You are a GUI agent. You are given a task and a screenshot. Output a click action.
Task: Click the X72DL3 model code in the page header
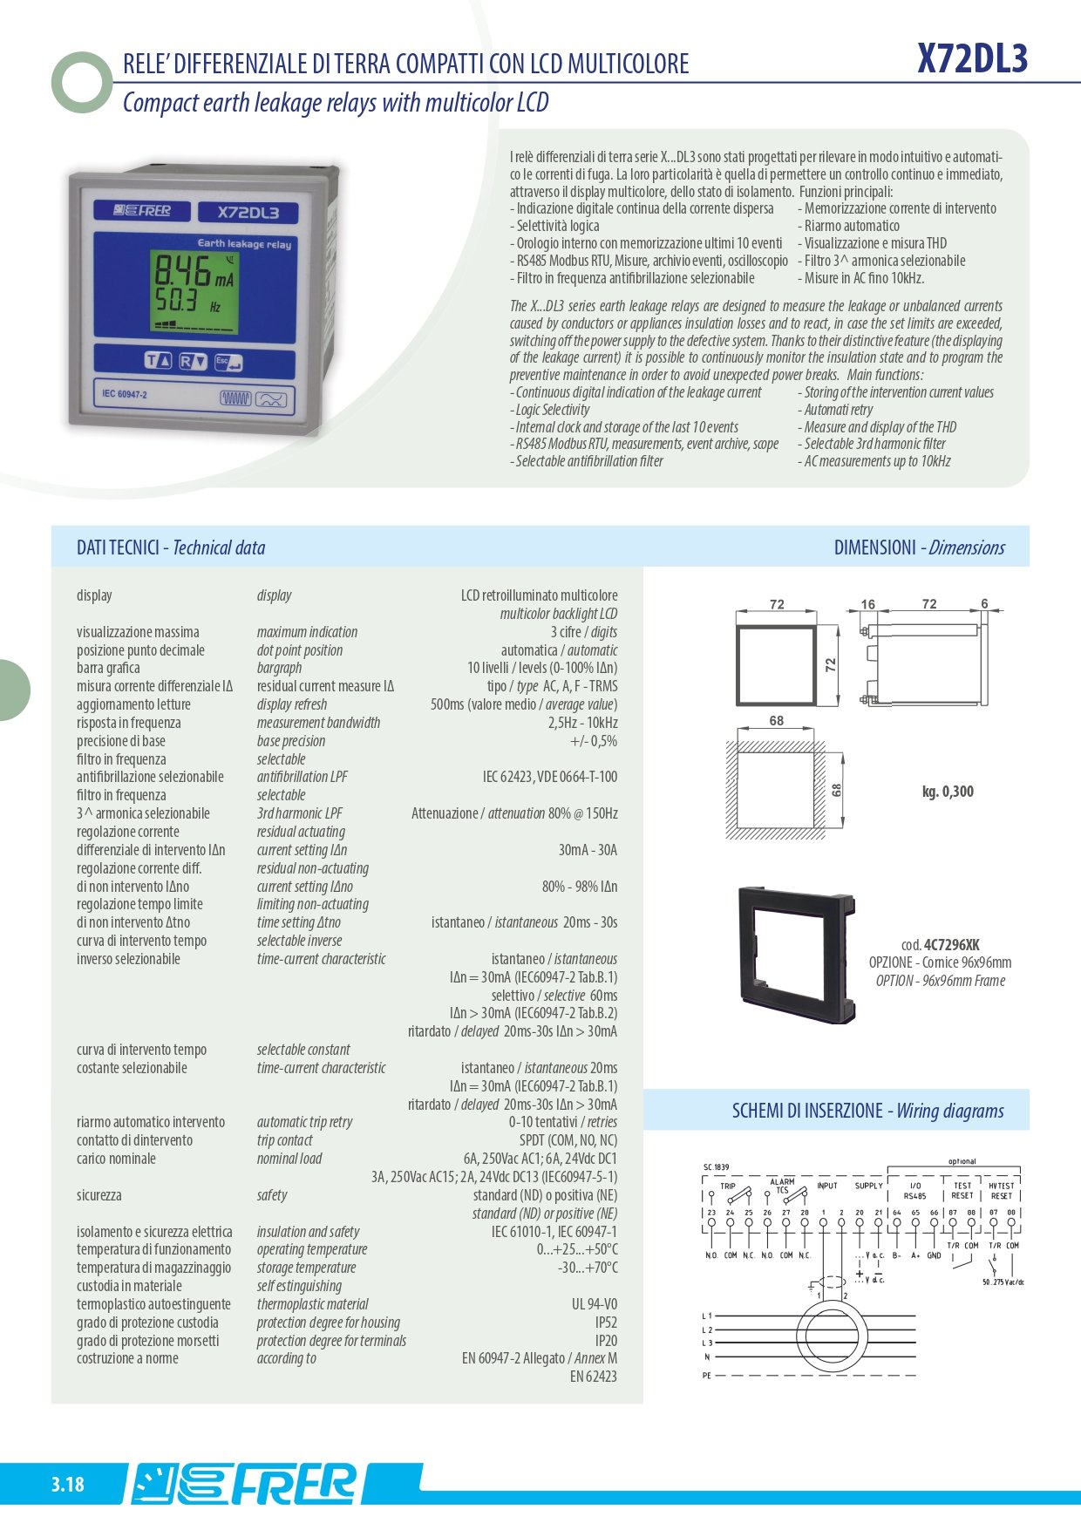(972, 59)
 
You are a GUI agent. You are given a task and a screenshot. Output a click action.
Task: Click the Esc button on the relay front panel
(228, 362)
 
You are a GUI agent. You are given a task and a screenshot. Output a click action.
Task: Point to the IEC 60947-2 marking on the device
(125, 394)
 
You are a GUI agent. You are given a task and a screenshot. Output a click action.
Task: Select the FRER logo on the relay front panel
(142, 210)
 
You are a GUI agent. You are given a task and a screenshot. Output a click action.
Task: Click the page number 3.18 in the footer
(67, 1484)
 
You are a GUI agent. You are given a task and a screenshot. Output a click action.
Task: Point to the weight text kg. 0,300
(948, 792)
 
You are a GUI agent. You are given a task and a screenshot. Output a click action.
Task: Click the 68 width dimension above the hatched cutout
(777, 721)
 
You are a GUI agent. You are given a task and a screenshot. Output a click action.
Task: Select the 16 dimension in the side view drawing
(867, 603)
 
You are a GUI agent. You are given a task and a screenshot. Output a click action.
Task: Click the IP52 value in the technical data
(606, 1323)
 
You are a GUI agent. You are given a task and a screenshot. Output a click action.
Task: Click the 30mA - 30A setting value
(588, 850)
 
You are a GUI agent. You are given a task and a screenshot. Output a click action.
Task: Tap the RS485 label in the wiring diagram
(914, 1196)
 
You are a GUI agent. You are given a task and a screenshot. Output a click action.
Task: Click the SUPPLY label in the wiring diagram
(868, 1186)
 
